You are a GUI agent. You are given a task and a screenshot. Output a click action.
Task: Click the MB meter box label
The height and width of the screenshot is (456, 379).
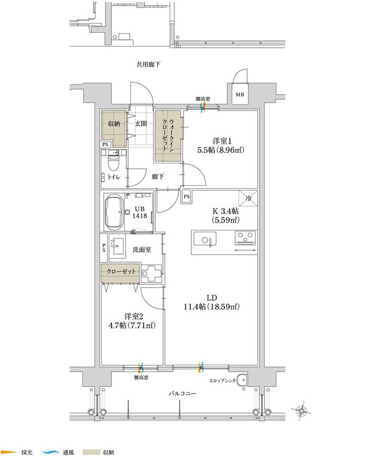click(x=240, y=94)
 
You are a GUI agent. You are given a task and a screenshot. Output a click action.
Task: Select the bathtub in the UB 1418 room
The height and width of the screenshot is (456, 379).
click(x=114, y=212)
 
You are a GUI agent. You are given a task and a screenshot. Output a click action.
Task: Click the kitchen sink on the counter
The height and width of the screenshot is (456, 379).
click(x=205, y=239)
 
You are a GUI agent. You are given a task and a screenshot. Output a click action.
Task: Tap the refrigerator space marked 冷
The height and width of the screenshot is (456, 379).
click(x=248, y=198)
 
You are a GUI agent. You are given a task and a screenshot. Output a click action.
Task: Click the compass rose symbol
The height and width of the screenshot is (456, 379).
click(x=302, y=411)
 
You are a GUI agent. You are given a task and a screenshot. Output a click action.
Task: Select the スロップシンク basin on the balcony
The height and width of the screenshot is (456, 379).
click(x=241, y=380)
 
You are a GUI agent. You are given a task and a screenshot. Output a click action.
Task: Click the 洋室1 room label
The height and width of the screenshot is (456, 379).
click(x=222, y=141)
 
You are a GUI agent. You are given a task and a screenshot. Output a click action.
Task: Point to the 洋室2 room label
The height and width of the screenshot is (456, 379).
click(x=134, y=316)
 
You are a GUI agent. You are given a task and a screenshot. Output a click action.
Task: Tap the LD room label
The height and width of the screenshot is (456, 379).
click(x=212, y=298)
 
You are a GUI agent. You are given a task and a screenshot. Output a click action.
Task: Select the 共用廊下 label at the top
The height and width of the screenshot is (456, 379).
click(x=148, y=64)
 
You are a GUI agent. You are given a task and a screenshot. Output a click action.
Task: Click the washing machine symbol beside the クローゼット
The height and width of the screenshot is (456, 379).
click(x=151, y=273)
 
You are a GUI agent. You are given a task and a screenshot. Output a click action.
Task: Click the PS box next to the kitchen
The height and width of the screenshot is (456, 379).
click(x=187, y=197)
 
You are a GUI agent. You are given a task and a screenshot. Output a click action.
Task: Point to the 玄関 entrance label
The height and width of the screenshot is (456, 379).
click(x=141, y=124)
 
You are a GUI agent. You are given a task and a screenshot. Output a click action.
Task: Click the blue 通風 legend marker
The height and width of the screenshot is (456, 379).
click(x=50, y=452)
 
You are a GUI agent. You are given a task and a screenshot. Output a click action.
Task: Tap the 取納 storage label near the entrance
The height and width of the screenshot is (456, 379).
click(x=114, y=124)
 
